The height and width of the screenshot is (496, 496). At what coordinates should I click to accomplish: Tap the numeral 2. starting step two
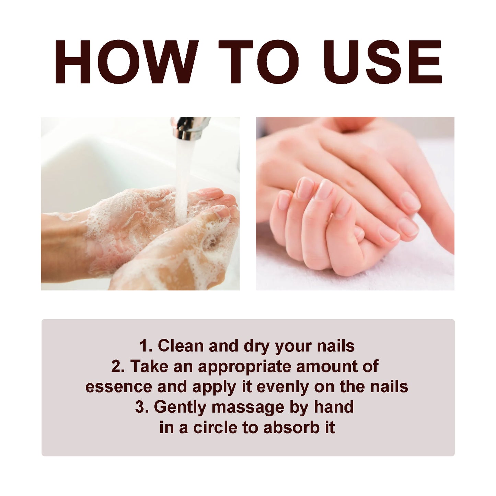pos(118,366)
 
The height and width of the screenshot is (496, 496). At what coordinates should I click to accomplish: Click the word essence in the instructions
pos(119,387)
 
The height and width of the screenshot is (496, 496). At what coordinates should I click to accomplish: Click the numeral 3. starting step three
pos(141,407)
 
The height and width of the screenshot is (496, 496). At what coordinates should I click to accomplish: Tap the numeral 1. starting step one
pos(146,346)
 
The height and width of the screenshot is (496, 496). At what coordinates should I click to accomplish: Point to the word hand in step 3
pos(334,407)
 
